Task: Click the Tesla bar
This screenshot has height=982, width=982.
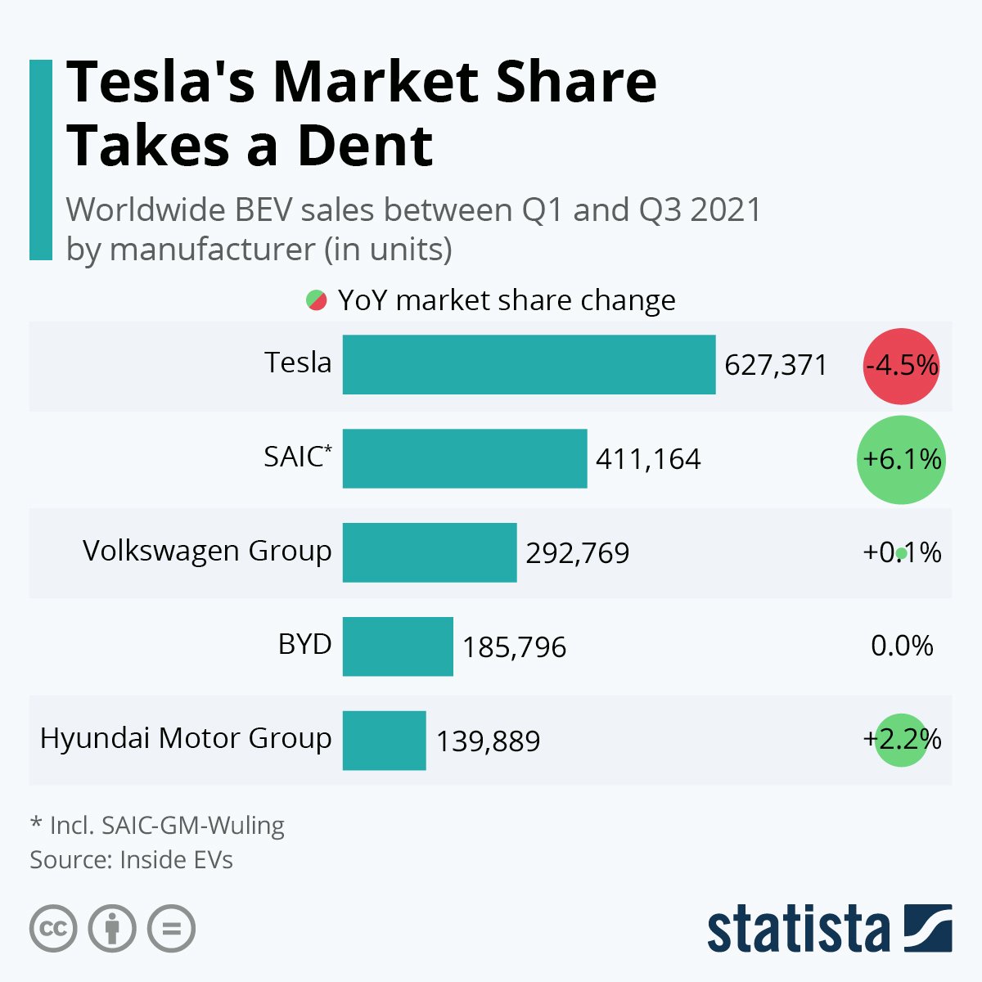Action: tap(529, 364)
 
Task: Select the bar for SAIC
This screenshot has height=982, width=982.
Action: tap(465, 458)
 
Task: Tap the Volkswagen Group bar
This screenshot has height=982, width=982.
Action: tap(430, 552)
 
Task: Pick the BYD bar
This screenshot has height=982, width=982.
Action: tap(398, 646)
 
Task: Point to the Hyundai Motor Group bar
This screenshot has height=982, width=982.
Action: tap(384, 741)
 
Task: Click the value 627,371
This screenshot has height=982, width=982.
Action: tap(776, 365)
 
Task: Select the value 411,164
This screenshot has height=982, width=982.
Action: tap(648, 459)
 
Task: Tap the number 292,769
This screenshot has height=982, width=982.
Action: tap(578, 553)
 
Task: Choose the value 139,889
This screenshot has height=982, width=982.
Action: tap(488, 741)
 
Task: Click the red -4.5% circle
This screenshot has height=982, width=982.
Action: tap(901, 366)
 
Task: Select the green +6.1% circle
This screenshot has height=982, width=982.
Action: tap(901, 459)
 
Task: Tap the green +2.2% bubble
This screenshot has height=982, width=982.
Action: tap(901, 740)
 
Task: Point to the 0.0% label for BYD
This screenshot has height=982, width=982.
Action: tap(902, 646)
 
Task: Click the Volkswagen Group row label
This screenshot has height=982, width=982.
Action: tap(207, 551)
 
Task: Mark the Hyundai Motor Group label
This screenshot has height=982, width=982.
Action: tap(186, 738)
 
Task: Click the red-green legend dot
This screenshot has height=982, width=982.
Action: tap(317, 300)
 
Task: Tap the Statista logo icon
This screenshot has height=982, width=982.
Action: tap(928, 928)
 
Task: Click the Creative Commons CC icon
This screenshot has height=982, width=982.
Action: tap(53, 929)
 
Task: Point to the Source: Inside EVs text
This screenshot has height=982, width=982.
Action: tap(131, 860)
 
